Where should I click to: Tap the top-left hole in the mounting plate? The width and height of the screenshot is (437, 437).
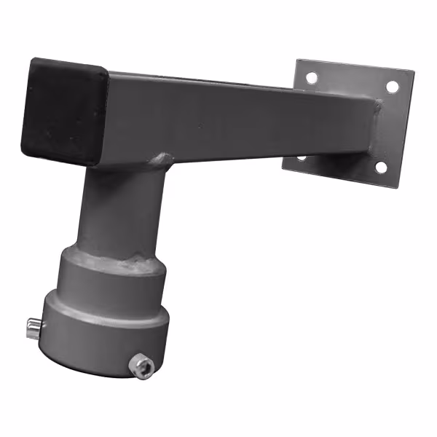click(312, 76)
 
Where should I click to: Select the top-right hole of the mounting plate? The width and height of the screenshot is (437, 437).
click(392, 87)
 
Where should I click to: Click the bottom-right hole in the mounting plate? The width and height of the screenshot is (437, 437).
click(381, 167)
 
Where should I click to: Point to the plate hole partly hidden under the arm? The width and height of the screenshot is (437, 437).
click(302, 157)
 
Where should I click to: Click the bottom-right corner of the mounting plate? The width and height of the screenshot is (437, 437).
click(398, 186)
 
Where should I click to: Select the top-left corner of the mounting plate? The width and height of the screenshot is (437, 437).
click(298, 60)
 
